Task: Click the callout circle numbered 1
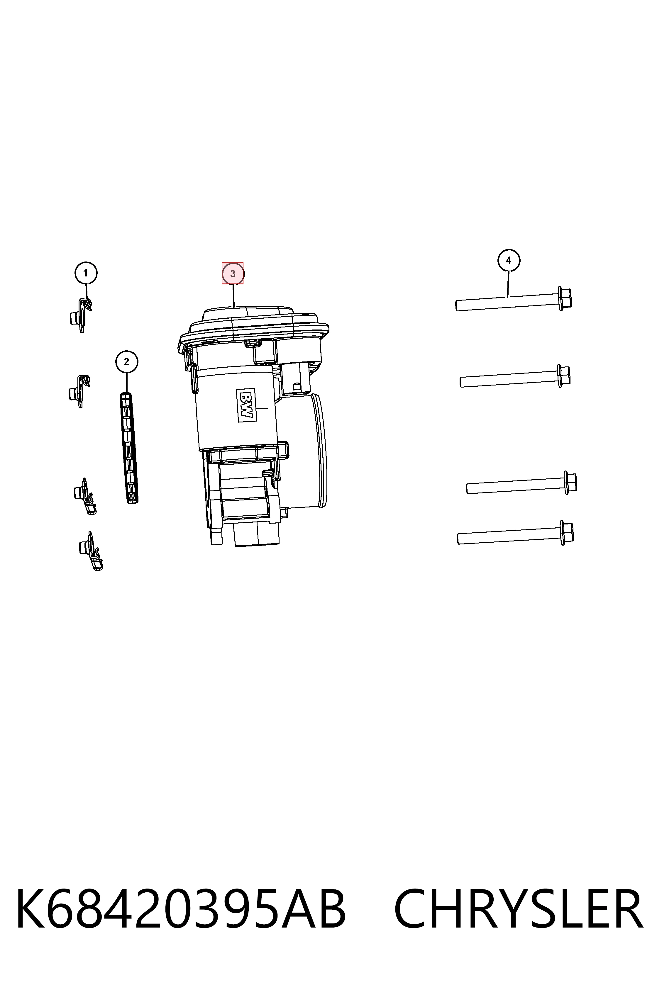86,273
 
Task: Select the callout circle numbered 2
126,361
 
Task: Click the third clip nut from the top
85,496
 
